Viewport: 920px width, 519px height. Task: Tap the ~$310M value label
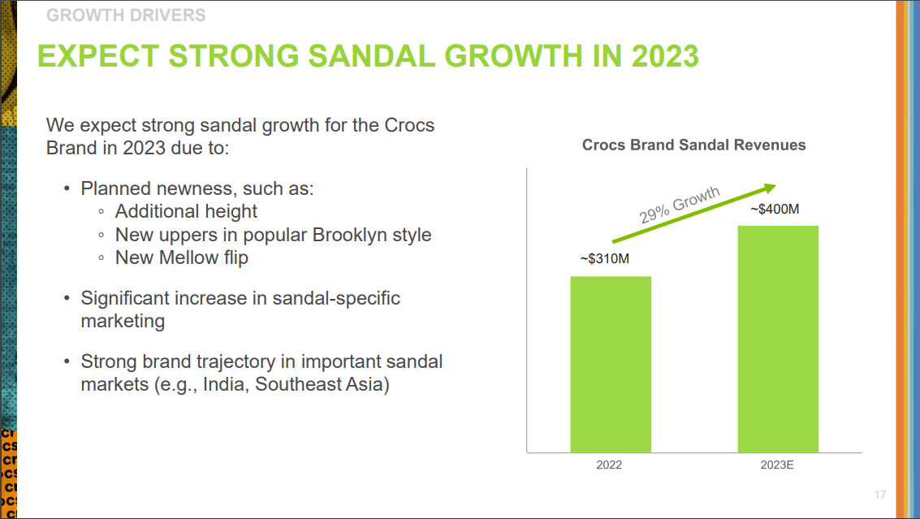[x=605, y=259]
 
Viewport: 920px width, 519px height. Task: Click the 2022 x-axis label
[x=609, y=465]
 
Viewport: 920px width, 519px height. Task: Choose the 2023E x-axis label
[x=777, y=465]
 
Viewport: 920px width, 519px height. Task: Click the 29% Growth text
[x=680, y=205]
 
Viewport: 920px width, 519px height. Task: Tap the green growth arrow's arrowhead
[x=769, y=187]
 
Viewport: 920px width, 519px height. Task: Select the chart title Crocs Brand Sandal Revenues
[x=693, y=145]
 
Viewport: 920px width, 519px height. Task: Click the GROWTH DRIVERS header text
[x=126, y=15]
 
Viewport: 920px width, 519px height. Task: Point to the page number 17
[x=880, y=495]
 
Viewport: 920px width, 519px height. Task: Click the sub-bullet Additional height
[x=186, y=211]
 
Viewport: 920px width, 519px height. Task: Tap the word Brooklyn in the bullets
[x=345, y=235]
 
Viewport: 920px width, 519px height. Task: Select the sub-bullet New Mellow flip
[x=181, y=257]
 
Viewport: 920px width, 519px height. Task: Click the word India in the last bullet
[x=223, y=383]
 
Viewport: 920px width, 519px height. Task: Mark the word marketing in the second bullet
[x=123, y=321]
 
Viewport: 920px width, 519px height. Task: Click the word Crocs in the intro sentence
[x=409, y=126]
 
